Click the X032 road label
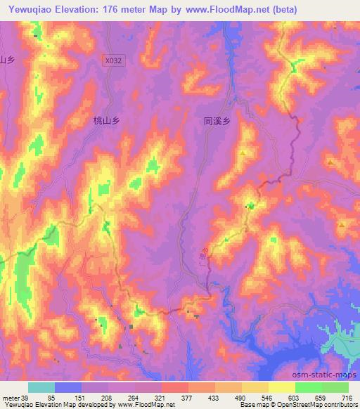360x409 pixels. click(x=113, y=61)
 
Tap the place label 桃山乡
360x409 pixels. click(x=108, y=121)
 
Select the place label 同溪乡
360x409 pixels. click(x=217, y=121)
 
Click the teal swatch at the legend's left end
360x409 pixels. click(x=41, y=387)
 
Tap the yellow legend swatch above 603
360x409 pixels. click(x=282, y=387)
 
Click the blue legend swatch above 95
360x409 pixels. click(x=68, y=387)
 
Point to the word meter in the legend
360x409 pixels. click(x=10, y=398)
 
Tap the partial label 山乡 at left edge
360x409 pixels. click(x=7, y=60)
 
